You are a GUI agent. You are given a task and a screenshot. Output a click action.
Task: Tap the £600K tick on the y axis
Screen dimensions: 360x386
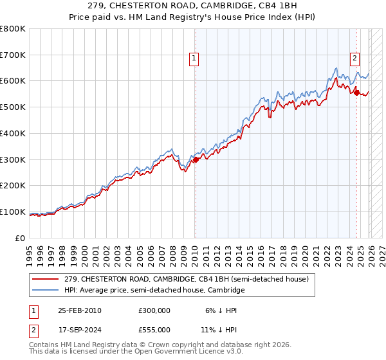coord(13,81)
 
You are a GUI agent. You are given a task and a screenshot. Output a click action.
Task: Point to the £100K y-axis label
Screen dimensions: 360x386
coord(13,212)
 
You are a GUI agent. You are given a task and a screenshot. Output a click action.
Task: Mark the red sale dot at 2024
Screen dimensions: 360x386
coord(356,93)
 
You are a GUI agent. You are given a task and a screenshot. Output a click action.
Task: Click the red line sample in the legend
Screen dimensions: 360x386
coord(46,280)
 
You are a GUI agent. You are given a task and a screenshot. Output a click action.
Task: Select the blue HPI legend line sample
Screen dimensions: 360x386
coord(46,291)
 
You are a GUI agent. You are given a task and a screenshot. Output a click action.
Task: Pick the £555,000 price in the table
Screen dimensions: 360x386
coord(154,329)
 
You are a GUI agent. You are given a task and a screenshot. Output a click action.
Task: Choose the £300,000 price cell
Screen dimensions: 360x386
coord(154,310)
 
